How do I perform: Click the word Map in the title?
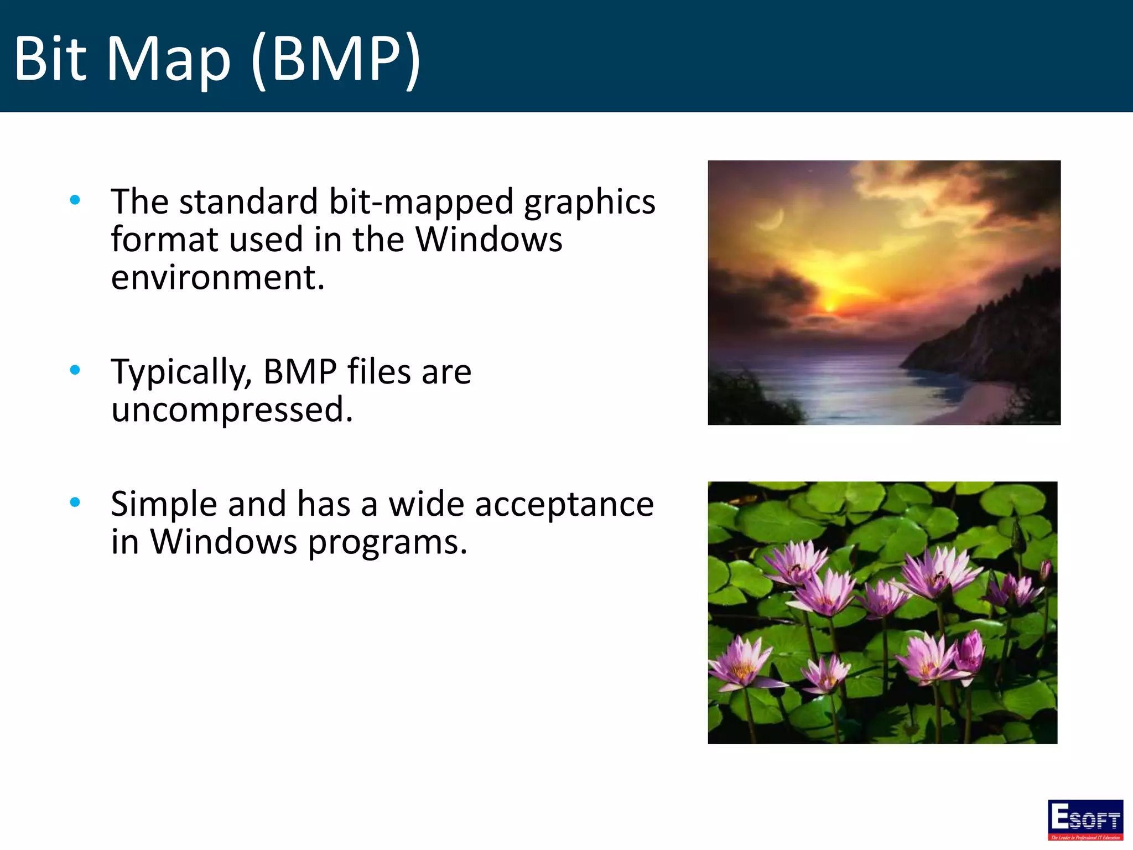168,59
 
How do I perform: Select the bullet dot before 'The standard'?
75,200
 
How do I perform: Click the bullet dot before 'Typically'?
75,370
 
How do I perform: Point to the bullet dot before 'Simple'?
75,502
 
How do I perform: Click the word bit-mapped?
421,202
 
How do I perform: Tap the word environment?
217,277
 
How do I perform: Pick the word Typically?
181,372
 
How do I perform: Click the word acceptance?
564,505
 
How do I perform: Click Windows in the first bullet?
488,240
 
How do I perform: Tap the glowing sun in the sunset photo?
830,304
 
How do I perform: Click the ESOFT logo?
1085,820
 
